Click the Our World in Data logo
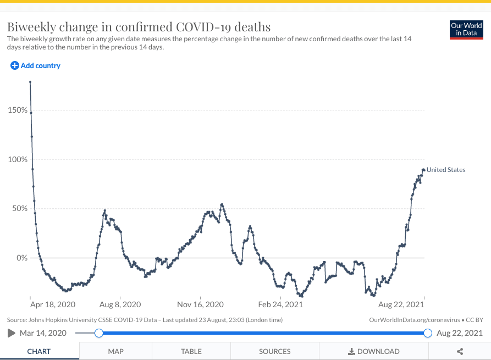click(466, 30)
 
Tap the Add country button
click(36, 66)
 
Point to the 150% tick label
click(18, 110)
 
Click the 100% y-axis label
click(18, 159)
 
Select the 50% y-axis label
click(19, 208)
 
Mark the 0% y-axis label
click(21, 258)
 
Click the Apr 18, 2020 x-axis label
click(53, 304)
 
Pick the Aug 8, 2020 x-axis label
click(120, 304)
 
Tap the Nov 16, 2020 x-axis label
click(200, 304)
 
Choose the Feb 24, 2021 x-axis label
click(280, 304)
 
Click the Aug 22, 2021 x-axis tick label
click(401, 304)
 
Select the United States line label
click(446, 170)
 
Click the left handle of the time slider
click(98, 333)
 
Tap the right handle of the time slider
click(428, 333)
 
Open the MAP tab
click(115, 351)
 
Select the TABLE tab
click(191, 351)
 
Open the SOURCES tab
click(275, 351)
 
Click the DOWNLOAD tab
click(374, 351)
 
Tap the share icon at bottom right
click(460, 351)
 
